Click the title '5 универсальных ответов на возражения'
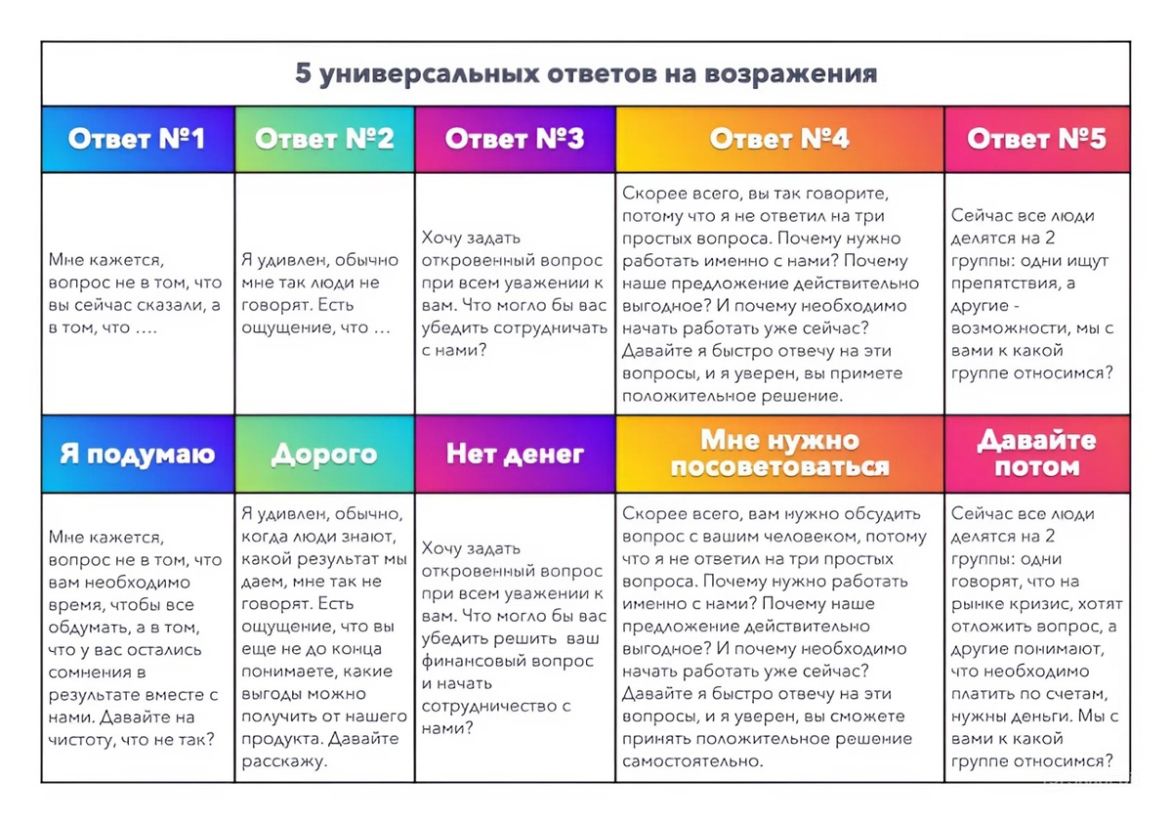coord(586,74)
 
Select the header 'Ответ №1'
coord(137,139)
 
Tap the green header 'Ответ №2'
coord(324,139)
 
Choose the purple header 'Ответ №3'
coord(515,139)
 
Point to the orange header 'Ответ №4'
coord(779,139)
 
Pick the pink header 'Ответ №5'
coord(1036,139)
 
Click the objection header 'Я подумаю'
coord(137,455)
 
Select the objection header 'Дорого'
coord(324,455)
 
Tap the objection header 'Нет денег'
coord(515,455)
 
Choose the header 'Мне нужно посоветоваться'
coord(779,455)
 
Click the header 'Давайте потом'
coord(1036,455)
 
